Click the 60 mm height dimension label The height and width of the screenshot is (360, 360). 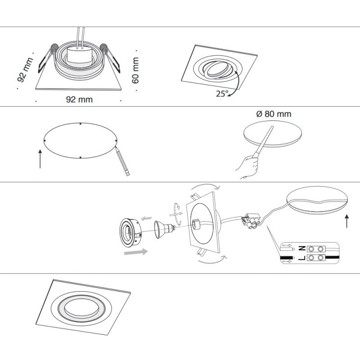pos(135,70)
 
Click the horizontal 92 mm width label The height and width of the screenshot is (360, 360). pos(79,99)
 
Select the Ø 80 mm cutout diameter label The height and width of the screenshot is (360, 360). pos(273,114)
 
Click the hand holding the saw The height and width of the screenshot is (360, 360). pos(247,166)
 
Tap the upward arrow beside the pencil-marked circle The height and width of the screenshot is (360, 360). pos(40,160)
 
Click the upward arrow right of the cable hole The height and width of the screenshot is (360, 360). pos(346,221)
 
